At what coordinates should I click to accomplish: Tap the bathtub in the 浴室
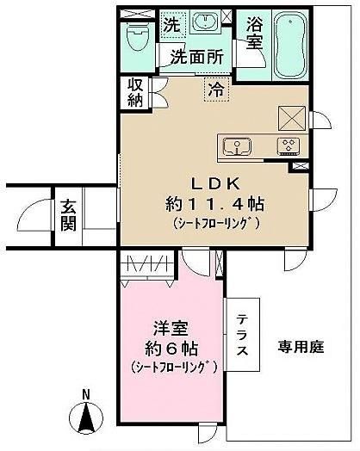tap(289, 45)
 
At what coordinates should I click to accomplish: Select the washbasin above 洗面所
tap(205, 21)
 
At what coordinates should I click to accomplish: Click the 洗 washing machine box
tap(173, 24)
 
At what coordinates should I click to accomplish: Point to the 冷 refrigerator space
tap(217, 90)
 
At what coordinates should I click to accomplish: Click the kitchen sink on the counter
tap(238, 146)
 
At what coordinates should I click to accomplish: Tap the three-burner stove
tap(289, 146)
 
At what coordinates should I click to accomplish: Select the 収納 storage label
tap(135, 93)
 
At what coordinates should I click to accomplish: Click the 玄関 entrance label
tap(69, 215)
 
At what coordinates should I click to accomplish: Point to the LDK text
tap(216, 184)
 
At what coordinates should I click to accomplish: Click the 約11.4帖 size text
tap(215, 205)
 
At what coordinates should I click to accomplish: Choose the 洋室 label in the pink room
tap(171, 329)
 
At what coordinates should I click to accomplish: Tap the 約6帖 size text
tap(171, 349)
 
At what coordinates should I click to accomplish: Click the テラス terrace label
tap(242, 335)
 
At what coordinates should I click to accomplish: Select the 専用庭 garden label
tap(301, 347)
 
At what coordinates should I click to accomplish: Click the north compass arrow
tap(86, 417)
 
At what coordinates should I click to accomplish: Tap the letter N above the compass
tap(86, 394)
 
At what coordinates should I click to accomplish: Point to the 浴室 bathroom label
tap(255, 33)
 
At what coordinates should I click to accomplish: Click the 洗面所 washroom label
tap(197, 57)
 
